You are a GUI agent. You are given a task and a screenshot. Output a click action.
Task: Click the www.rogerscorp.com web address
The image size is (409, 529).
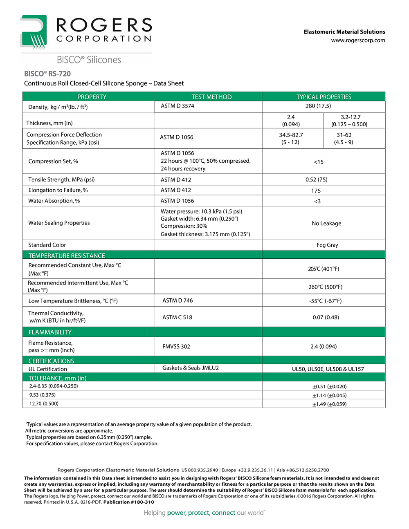(358, 40)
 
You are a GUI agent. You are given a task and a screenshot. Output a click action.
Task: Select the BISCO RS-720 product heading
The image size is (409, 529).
(47, 74)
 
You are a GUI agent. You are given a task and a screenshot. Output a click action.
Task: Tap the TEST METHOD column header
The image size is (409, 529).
(211, 97)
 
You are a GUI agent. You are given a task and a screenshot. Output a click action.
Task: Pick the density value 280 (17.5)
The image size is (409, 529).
(318, 106)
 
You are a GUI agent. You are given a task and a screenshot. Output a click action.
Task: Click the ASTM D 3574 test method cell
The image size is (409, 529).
(178, 106)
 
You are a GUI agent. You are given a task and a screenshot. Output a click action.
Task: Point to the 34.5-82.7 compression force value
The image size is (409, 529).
(291, 135)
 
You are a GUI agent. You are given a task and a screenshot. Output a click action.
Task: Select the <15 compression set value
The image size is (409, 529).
(319, 162)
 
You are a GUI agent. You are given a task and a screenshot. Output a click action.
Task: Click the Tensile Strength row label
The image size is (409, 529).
(61, 179)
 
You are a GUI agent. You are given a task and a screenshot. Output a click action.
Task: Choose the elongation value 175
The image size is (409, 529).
(316, 191)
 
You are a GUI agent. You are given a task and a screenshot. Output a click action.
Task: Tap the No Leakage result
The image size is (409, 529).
(326, 223)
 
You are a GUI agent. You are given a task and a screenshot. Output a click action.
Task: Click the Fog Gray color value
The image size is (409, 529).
(327, 245)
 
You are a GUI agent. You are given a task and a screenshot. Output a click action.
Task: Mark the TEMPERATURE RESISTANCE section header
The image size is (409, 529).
(67, 256)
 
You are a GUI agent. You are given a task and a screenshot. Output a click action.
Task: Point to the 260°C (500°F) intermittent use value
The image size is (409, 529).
(326, 287)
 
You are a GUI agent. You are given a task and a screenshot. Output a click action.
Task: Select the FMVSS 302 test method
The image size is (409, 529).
(176, 347)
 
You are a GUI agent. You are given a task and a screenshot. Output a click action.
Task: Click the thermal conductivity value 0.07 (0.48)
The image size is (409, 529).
(326, 317)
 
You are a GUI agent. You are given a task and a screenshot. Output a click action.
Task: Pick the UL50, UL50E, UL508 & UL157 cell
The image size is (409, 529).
(328, 369)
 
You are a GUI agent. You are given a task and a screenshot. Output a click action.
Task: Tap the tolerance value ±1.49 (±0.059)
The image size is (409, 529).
(329, 404)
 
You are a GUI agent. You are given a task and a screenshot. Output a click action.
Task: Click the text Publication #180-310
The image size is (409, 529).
(129, 502)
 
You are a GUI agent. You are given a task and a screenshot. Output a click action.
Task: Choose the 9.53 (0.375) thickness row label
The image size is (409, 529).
(43, 395)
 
